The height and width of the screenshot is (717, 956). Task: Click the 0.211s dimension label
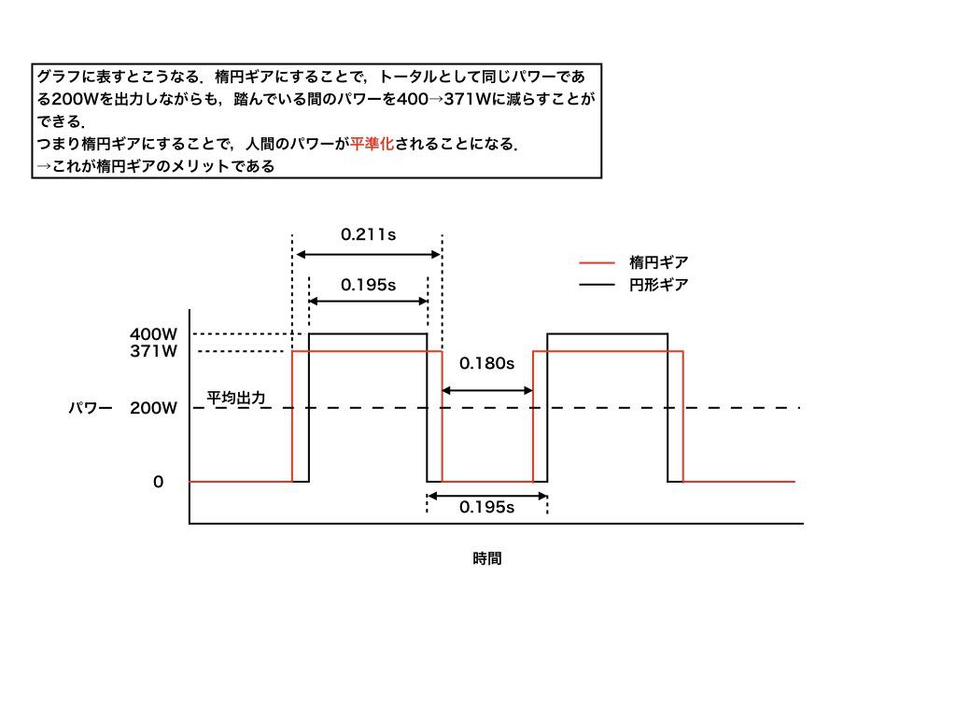coord(368,234)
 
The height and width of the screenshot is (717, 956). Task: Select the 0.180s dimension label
coord(486,363)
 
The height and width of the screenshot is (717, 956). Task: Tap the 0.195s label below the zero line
coord(486,507)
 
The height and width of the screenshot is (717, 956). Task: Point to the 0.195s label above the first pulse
coord(368,285)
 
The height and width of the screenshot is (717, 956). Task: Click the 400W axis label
coord(154,334)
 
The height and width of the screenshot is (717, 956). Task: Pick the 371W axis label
coord(154,351)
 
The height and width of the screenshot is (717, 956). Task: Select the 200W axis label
coord(154,408)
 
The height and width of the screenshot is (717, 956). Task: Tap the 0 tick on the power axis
coord(159,483)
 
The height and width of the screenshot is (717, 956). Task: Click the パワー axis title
coord(91,408)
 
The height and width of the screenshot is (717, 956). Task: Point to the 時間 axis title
coord(487,558)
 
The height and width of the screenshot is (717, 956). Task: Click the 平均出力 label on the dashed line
coord(236,398)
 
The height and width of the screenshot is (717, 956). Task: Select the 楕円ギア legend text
coord(658,262)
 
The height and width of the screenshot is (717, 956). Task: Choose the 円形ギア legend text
coord(658,285)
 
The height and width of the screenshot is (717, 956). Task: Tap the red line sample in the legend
coord(597,262)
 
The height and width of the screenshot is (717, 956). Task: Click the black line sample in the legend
coord(597,285)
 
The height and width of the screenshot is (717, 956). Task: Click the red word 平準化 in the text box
coord(372,144)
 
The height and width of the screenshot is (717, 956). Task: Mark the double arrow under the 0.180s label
coord(487,390)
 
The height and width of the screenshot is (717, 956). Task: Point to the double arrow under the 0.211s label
coord(368,254)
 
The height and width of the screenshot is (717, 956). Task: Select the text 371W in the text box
coord(468,99)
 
